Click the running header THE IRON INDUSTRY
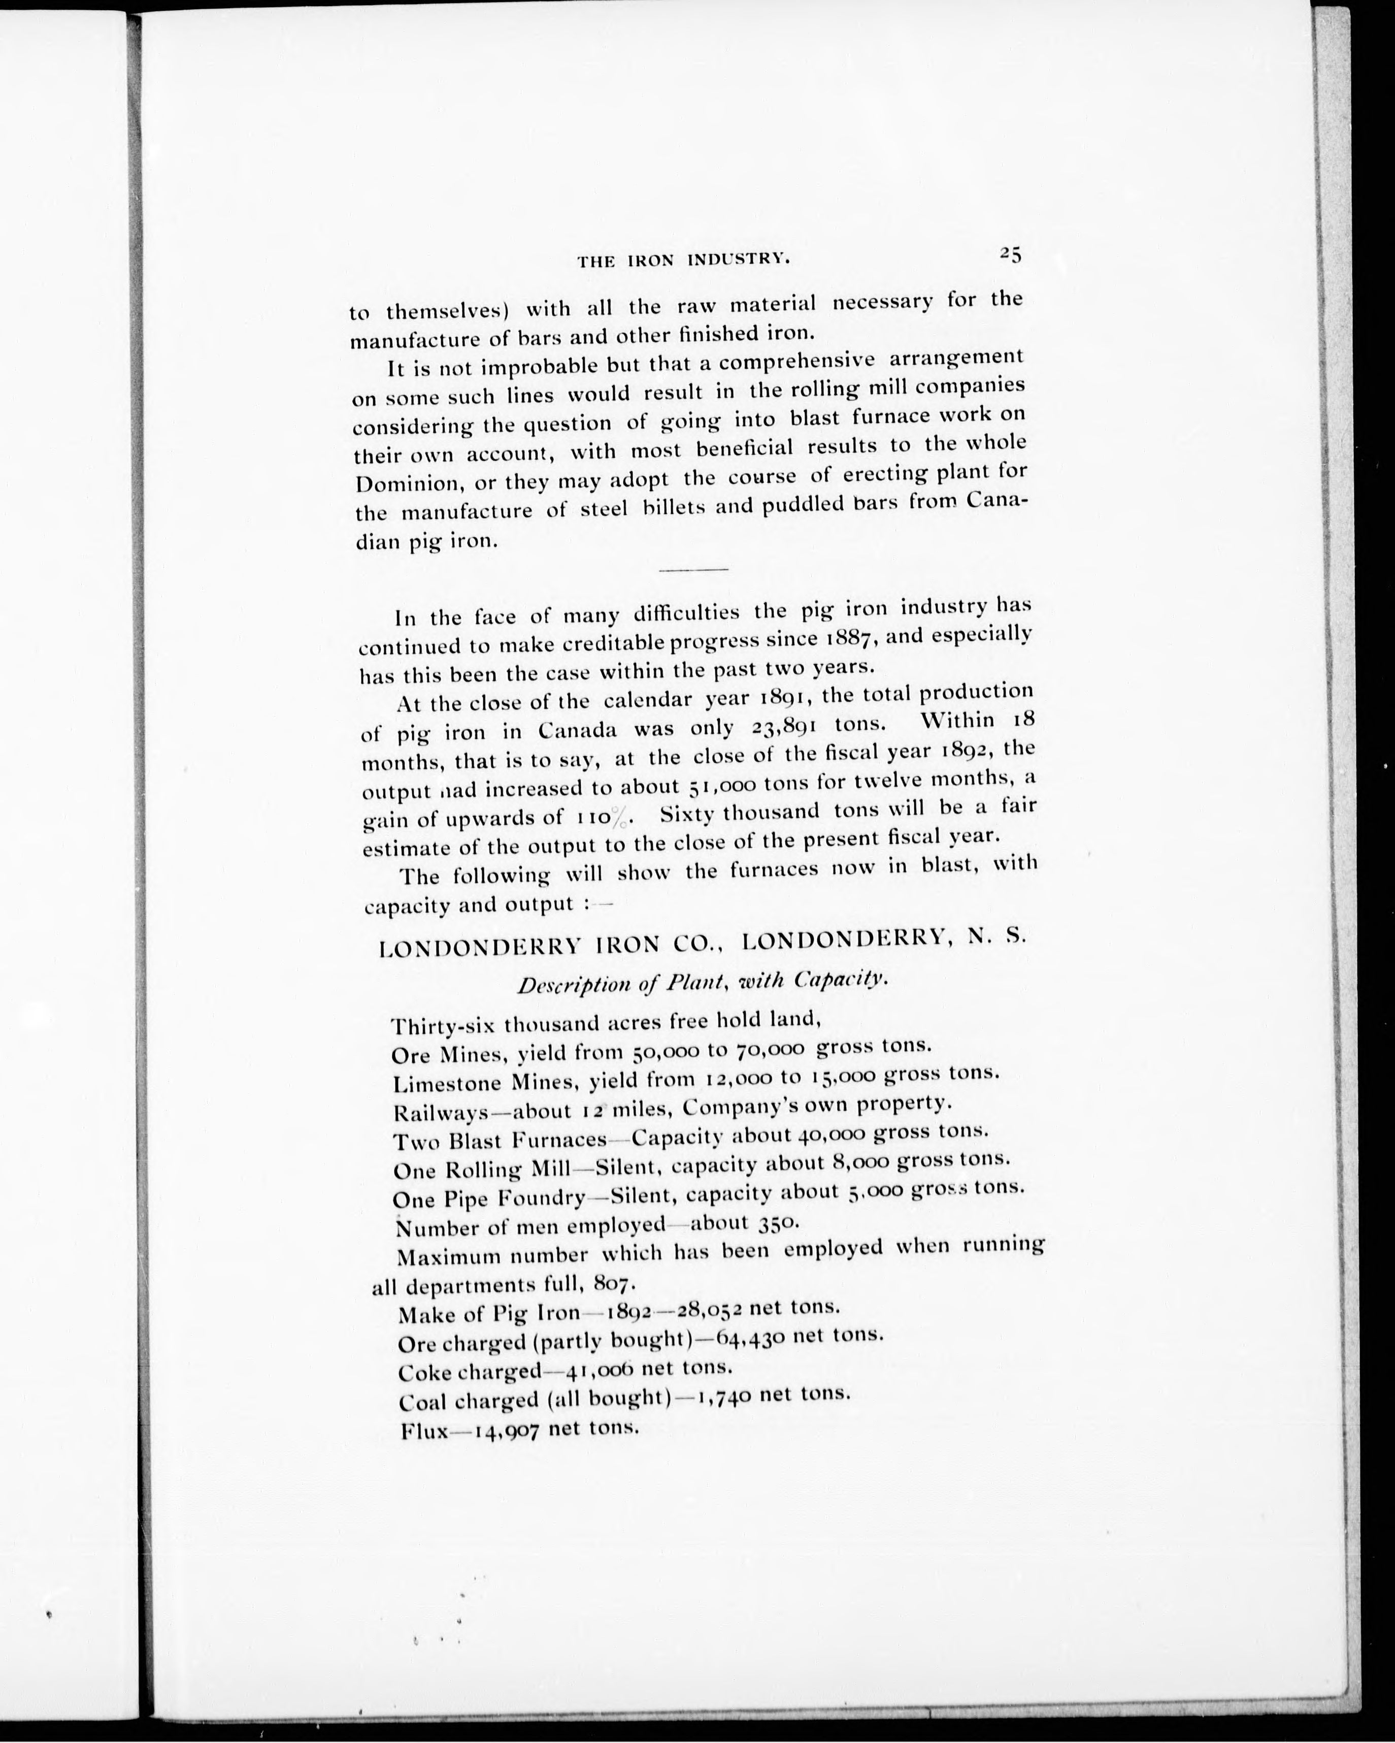pos(682,261)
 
